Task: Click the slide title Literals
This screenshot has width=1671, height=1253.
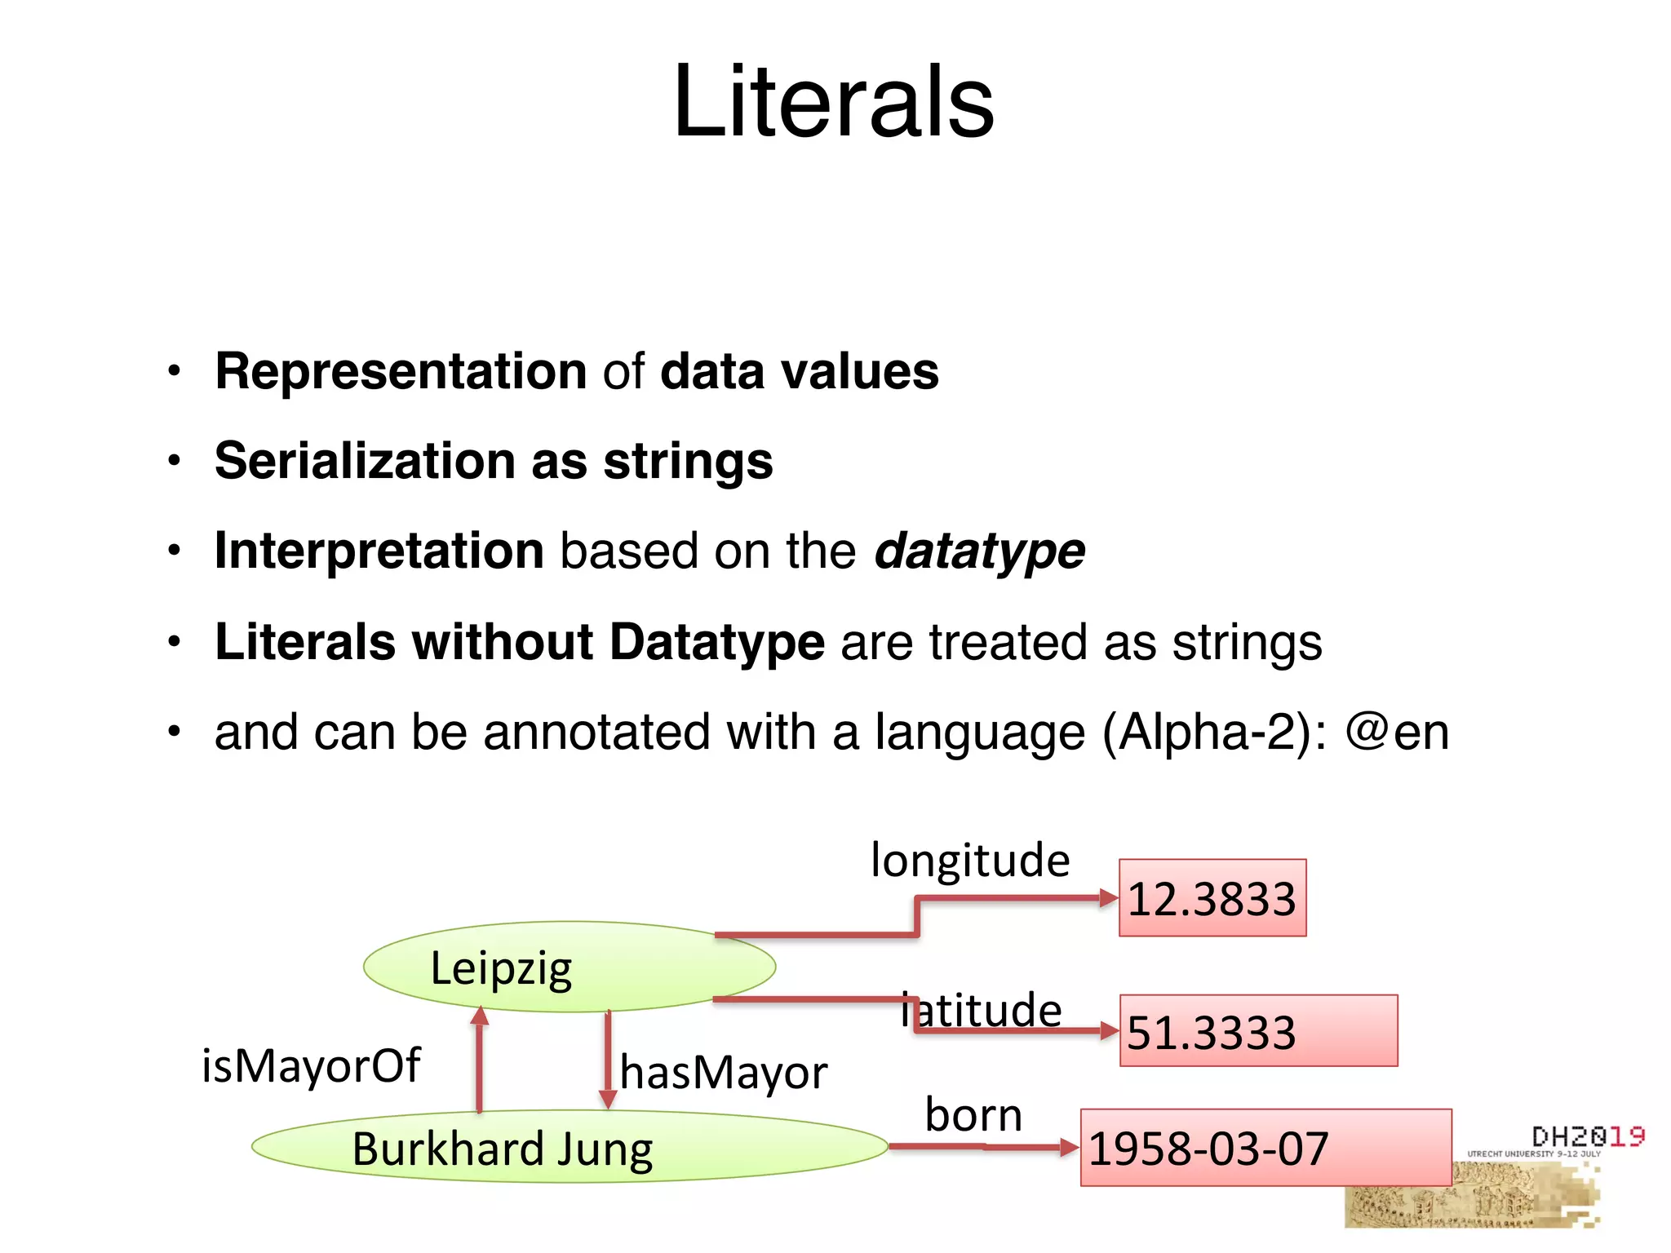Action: pyautogui.click(x=833, y=102)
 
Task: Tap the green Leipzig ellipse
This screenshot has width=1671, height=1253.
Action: pyautogui.click(x=569, y=967)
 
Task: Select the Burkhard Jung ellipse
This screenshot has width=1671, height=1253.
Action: pyautogui.click(x=569, y=1147)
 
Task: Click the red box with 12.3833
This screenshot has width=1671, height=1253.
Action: pyautogui.click(x=1212, y=898)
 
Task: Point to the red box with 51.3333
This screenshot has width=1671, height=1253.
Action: pyautogui.click(x=1258, y=1031)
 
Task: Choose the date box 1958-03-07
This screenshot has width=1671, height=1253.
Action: pyautogui.click(x=1265, y=1148)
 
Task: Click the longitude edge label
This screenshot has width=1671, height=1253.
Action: pyautogui.click(x=970, y=861)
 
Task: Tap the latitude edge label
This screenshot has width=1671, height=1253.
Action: pyautogui.click(x=982, y=1011)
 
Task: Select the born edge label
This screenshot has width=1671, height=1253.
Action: pyautogui.click(x=973, y=1115)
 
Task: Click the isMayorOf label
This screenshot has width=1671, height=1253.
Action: pyautogui.click(x=311, y=1066)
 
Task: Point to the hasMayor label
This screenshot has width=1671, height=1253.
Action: pyautogui.click(x=724, y=1072)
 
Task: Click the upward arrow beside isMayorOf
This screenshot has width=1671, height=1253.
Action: pyautogui.click(x=480, y=1060)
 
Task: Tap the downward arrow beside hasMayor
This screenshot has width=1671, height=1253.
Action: pyautogui.click(x=608, y=1060)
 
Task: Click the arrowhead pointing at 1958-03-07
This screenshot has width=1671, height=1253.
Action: pyautogui.click(x=1069, y=1148)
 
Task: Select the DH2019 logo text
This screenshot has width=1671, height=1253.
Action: pyautogui.click(x=1588, y=1136)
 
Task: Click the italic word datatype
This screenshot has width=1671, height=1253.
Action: pyautogui.click(x=979, y=551)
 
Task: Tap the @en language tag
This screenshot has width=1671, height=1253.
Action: pyautogui.click(x=1397, y=732)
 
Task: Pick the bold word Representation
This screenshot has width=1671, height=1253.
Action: pyautogui.click(x=401, y=372)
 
